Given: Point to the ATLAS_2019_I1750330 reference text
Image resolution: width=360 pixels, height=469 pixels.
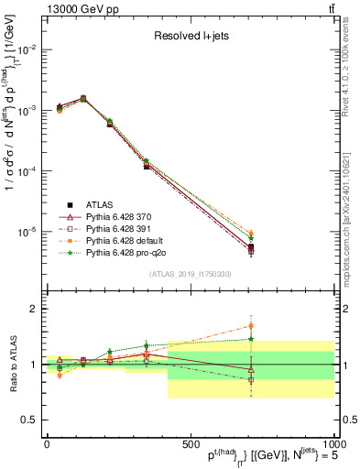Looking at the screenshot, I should point(190,274).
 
